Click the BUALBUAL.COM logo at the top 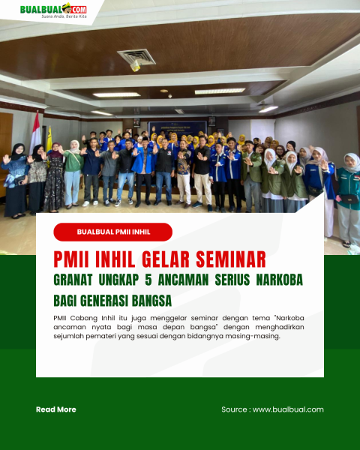(53, 9)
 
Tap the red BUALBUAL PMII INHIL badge (112, 232)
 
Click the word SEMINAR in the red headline (231, 259)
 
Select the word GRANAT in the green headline (73, 280)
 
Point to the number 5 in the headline (148, 280)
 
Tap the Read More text (56, 409)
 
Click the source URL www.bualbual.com (288, 409)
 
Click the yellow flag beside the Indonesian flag (49, 140)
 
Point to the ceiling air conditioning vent (136, 56)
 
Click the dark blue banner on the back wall (178, 128)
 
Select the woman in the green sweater (73, 173)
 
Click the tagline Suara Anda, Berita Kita (64, 16)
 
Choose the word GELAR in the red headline (166, 259)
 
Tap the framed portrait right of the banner (211, 121)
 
